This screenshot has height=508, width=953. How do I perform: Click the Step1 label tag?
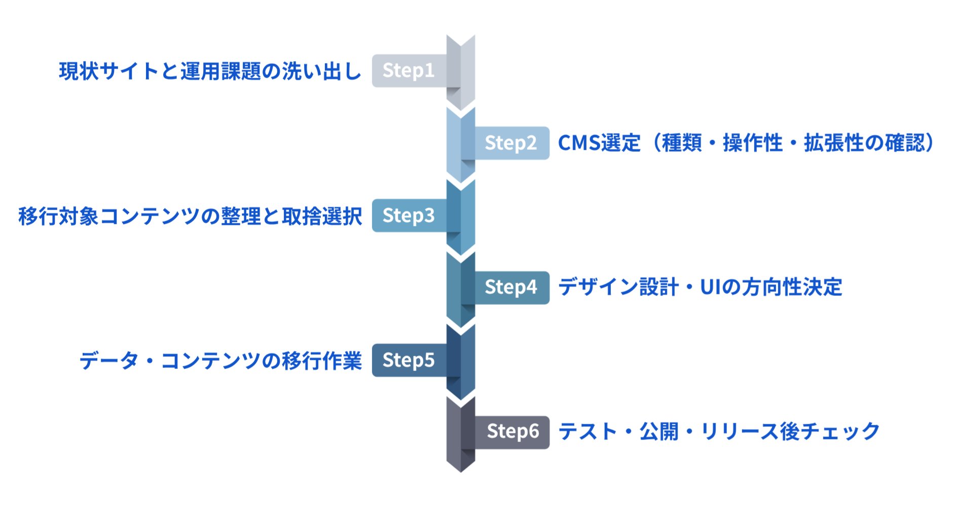tap(409, 71)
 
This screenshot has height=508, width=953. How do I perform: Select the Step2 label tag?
tap(510, 143)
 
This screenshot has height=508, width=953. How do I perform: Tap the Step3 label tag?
tap(409, 216)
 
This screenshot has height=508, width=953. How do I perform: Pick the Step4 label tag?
tap(510, 288)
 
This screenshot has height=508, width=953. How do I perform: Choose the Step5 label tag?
tap(409, 360)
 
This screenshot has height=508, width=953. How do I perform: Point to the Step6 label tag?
tap(512, 432)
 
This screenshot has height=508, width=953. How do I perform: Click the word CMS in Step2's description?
tap(578, 143)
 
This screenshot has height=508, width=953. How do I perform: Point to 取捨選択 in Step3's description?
tap(322, 216)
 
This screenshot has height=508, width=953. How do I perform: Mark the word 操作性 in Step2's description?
tap(753, 143)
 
